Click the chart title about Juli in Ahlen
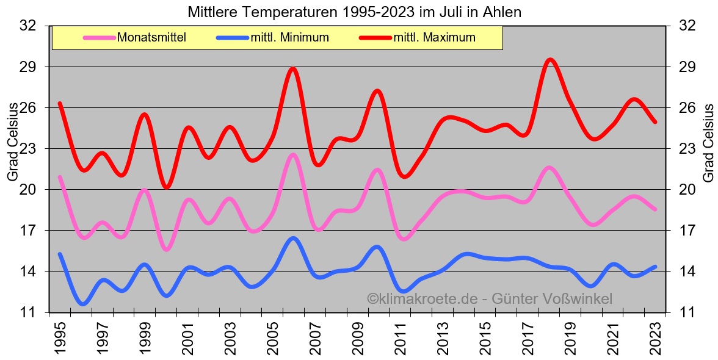(354, 12)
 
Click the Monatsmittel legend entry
(151, 38)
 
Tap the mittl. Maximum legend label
(434, 38)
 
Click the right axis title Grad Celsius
(708, 142)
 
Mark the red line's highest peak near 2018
(550, 59)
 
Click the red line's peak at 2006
(293, 68)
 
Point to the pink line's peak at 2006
(293, 155)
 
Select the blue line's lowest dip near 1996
(83, 303)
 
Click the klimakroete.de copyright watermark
(489, 299)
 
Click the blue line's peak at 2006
(293, 238)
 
